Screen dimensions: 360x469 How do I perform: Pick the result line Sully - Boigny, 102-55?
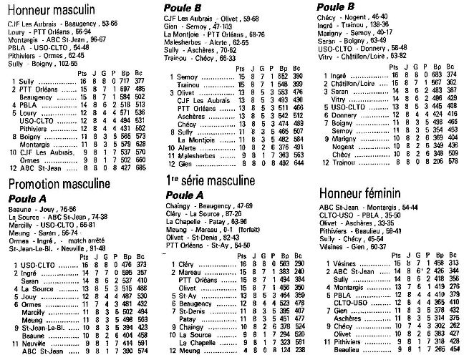click(44, 64)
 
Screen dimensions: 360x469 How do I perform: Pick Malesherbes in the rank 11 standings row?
click(196, 155)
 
